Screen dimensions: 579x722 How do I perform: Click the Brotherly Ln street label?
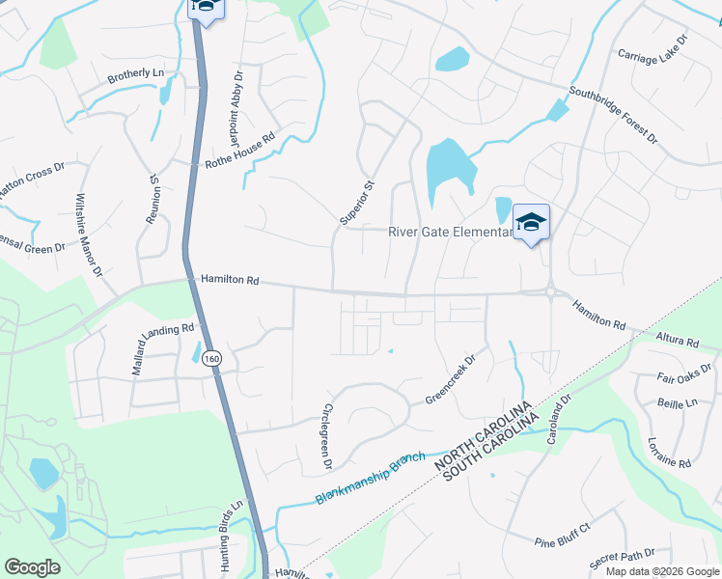tap(135, 74)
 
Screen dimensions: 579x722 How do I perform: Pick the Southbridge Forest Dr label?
tap(612, 118)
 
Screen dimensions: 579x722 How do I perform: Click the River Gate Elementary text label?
tap(448, 232)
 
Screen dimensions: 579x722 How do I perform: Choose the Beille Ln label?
tap(677, 403)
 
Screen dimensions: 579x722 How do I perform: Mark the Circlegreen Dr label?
tap(327, 437)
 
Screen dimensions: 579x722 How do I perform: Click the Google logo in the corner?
tap(32, 567)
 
